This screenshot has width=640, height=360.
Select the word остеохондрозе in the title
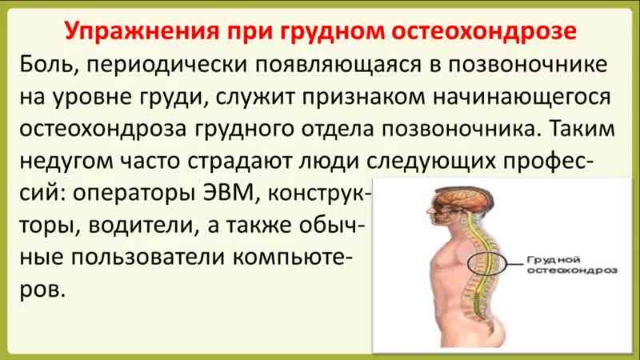click(x=484, y=30)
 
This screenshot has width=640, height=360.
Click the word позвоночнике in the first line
click(x=528, y=65)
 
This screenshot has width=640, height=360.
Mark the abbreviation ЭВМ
click(x=230, y=193)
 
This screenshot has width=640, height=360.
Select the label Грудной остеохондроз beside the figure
click(x=571, y=266)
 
